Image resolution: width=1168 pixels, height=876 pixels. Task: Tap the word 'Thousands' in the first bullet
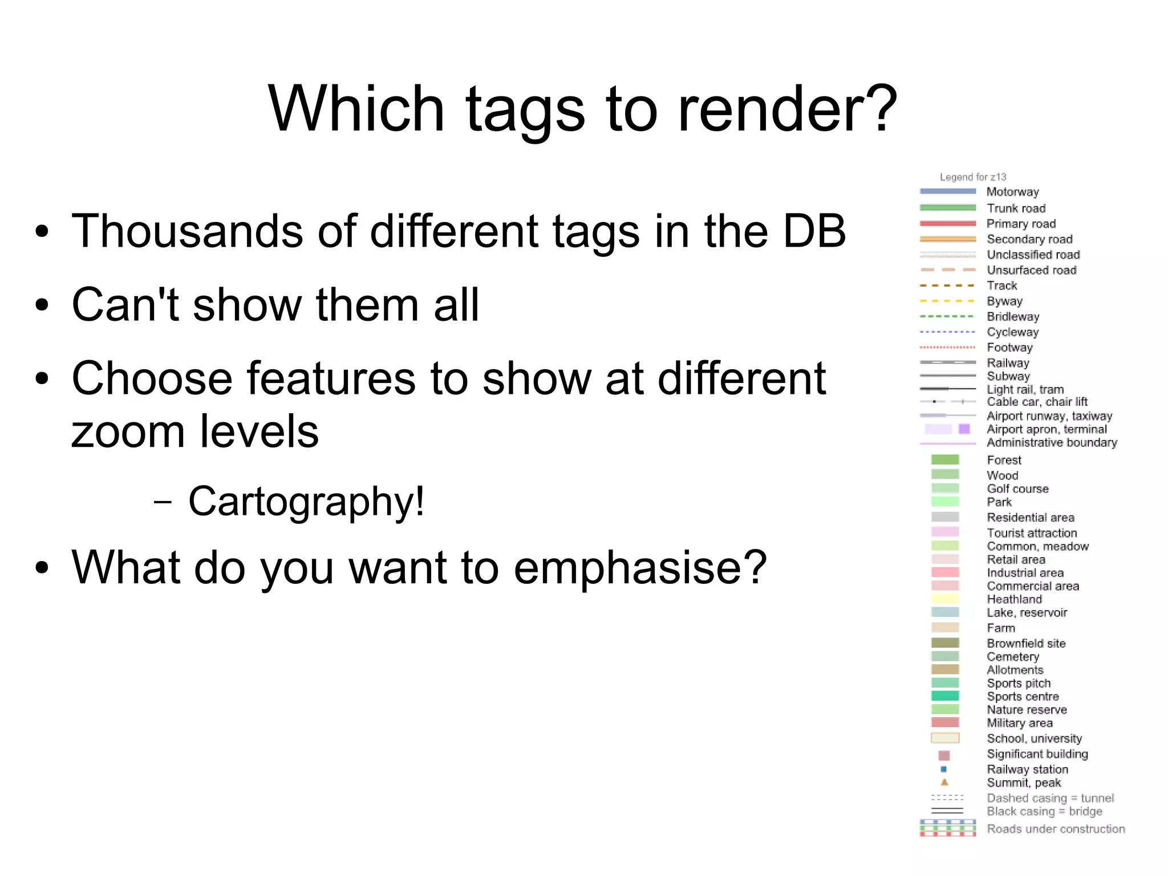coord(187,231)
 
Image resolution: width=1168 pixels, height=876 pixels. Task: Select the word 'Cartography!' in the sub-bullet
coord(306,501)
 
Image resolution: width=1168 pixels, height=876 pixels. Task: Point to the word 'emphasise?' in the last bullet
coord(640,567)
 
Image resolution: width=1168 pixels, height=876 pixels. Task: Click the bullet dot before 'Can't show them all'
coord(42,305)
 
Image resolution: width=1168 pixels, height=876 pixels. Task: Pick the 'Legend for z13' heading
coord(973,177)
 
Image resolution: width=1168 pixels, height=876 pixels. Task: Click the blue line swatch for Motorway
coord(948,192)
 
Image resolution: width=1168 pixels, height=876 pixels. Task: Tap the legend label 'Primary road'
coord(1021,224)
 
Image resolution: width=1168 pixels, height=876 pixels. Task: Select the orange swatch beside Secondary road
coord(948,239)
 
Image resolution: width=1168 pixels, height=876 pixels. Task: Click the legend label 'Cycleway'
coord(1013,332)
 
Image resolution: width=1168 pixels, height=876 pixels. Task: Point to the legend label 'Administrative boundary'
coord(1052,443)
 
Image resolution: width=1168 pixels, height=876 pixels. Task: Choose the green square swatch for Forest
coord(945,460)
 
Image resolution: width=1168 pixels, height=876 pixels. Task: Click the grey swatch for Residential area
coord(945,517)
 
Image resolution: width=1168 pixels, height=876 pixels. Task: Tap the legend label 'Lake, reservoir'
coord(1027,613)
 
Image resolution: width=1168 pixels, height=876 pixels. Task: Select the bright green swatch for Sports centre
coord(945,696)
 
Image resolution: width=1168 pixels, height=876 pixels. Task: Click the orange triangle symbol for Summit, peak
coord(944,782)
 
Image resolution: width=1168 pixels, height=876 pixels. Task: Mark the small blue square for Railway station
coord(943,769)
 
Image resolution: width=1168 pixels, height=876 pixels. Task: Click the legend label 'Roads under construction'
coord(1056,829)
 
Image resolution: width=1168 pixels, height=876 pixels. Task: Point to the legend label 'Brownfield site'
coord(1026,643)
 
